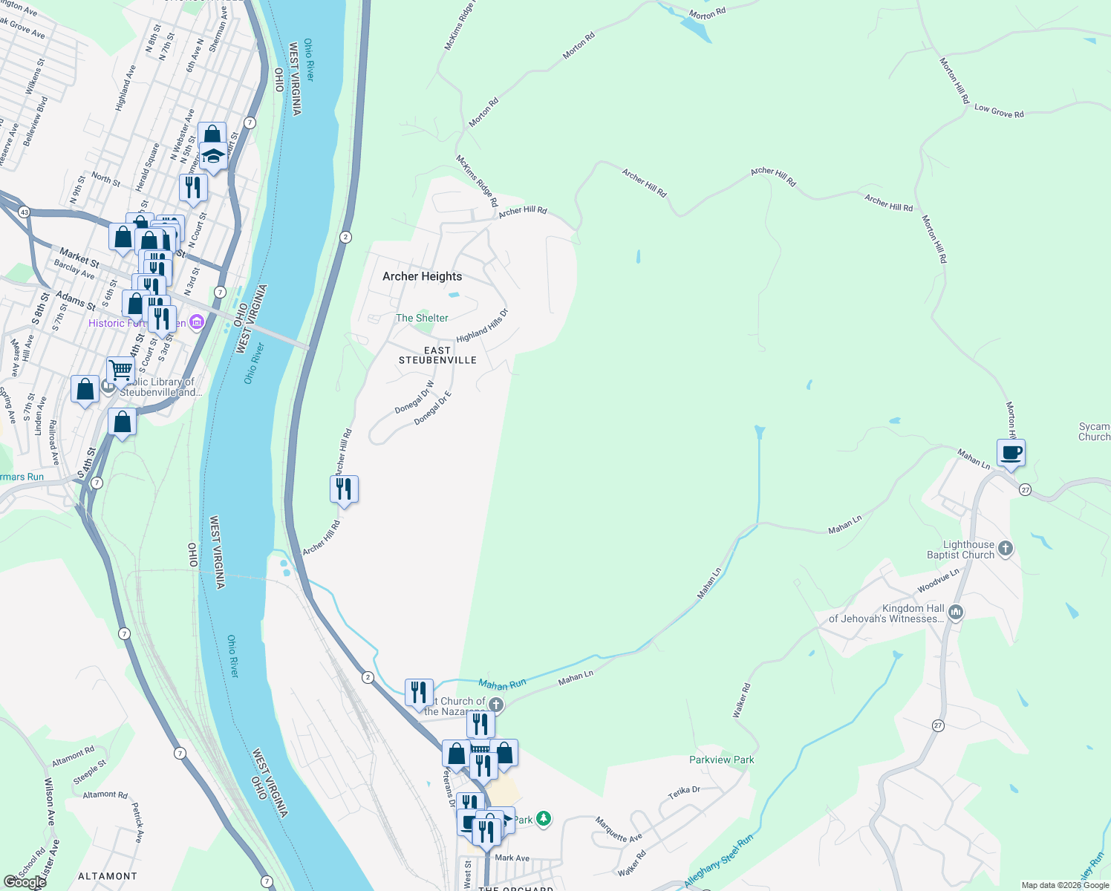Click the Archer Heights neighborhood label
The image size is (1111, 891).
pos(422,276)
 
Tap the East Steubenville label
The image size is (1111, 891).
pos(437,355)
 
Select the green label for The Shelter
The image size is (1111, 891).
pos(422,318)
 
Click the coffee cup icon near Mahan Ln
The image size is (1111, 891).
pos(1011,452)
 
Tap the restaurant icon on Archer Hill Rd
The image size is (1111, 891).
pos(344,489)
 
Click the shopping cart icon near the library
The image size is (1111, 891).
pos(120,370)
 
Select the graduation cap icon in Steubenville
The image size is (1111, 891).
pos(213,157)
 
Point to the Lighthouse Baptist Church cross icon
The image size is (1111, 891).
pos(1006,549)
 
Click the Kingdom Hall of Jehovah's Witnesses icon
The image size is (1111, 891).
pos(956,613)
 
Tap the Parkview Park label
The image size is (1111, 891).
pos(721,760)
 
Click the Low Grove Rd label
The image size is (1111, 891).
pos(999,111)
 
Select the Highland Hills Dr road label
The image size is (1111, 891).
pos(482,326)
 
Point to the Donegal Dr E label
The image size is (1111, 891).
pos(432,408)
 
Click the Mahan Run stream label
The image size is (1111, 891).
pos(502,684)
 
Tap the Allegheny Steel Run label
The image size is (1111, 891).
pos(718,861)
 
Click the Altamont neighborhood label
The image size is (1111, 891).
pos(108,876)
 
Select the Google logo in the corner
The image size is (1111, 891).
pos(25,881)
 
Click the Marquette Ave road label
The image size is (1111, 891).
pos(619,829)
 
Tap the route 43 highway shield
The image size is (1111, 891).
pos(25,212)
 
